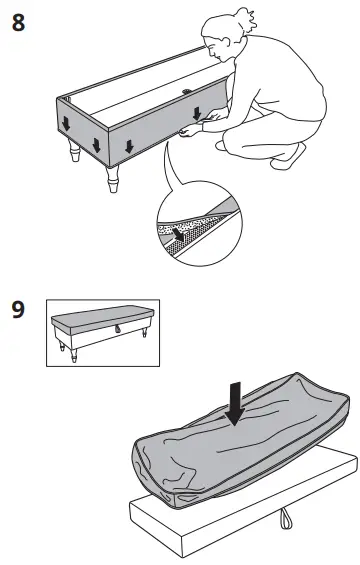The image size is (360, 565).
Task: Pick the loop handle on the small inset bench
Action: [117, 331]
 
